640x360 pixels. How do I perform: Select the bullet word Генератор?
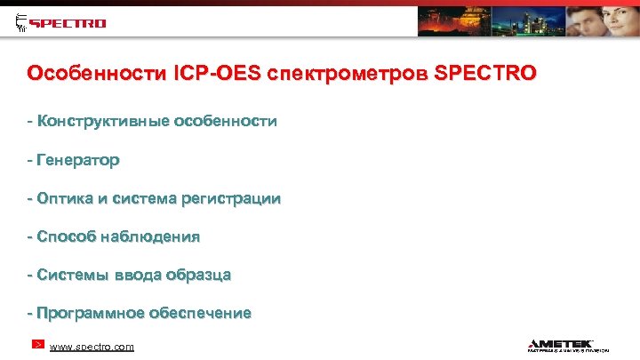77,160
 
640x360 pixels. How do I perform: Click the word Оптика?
66,198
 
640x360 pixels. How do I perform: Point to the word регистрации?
230,198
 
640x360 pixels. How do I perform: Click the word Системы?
71,275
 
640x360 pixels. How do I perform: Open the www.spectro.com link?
92,347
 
